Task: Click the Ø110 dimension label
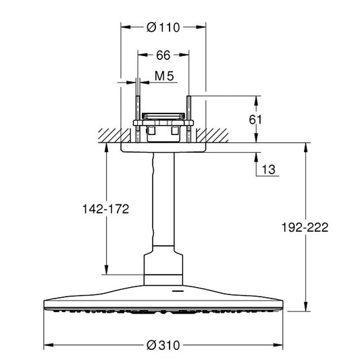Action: click(x=163, y=27)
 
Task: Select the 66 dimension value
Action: click(x=163, y=55)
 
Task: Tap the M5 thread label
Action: click(x=164, y=76)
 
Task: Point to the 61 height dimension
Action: click(x=255, y=120)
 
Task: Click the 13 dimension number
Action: click(x=268, y=170)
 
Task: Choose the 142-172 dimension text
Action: click(x=106, y=209)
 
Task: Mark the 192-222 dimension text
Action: click(x=305, y=228)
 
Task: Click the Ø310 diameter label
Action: click(x=163, y=345)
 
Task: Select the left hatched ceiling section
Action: click(x=114, y=136)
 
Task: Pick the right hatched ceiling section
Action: click(x=212, y=136)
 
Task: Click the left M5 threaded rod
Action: click(x=138, y=119)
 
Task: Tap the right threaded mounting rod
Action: click(x=189, y=119)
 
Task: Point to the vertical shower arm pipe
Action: click(x=163, y=199)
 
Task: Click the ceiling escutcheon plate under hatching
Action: click(x=163, y=148)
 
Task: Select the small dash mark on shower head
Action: click(x=178, y=291)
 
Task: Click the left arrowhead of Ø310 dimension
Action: click(x=49, y=345)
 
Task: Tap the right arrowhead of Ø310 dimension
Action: click(x=278, y=345)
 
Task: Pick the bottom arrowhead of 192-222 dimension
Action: click(x=305, y=307)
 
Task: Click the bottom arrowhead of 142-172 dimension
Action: click(x=106, y=269)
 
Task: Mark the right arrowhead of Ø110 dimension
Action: click(x=201, y=27)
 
